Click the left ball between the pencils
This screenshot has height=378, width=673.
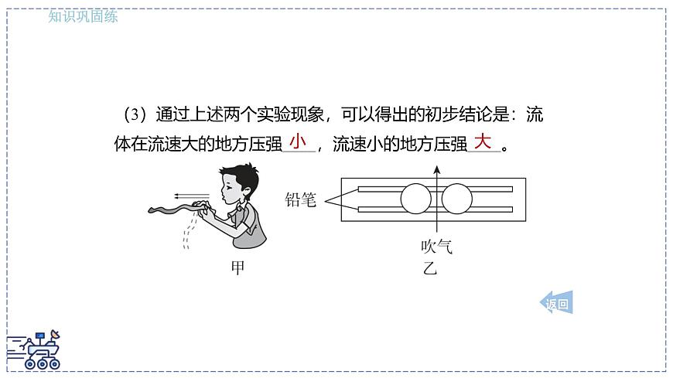[415, 199]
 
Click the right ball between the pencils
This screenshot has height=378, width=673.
[457, 199]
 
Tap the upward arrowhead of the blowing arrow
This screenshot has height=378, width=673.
[437, 170]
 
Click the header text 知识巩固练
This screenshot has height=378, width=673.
[83, 16]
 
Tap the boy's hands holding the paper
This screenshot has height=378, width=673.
[204, 209]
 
